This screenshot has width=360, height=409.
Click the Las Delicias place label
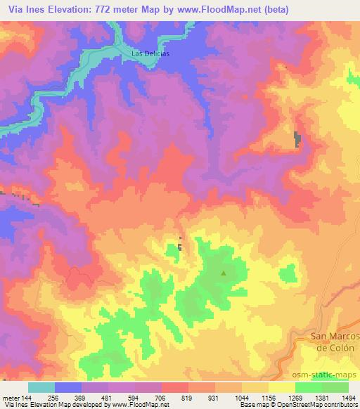151,53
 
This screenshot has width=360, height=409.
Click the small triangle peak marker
224,273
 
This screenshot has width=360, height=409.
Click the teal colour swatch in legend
41,387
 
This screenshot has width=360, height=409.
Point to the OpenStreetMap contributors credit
323,405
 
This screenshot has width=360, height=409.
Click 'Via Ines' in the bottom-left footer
14,405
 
